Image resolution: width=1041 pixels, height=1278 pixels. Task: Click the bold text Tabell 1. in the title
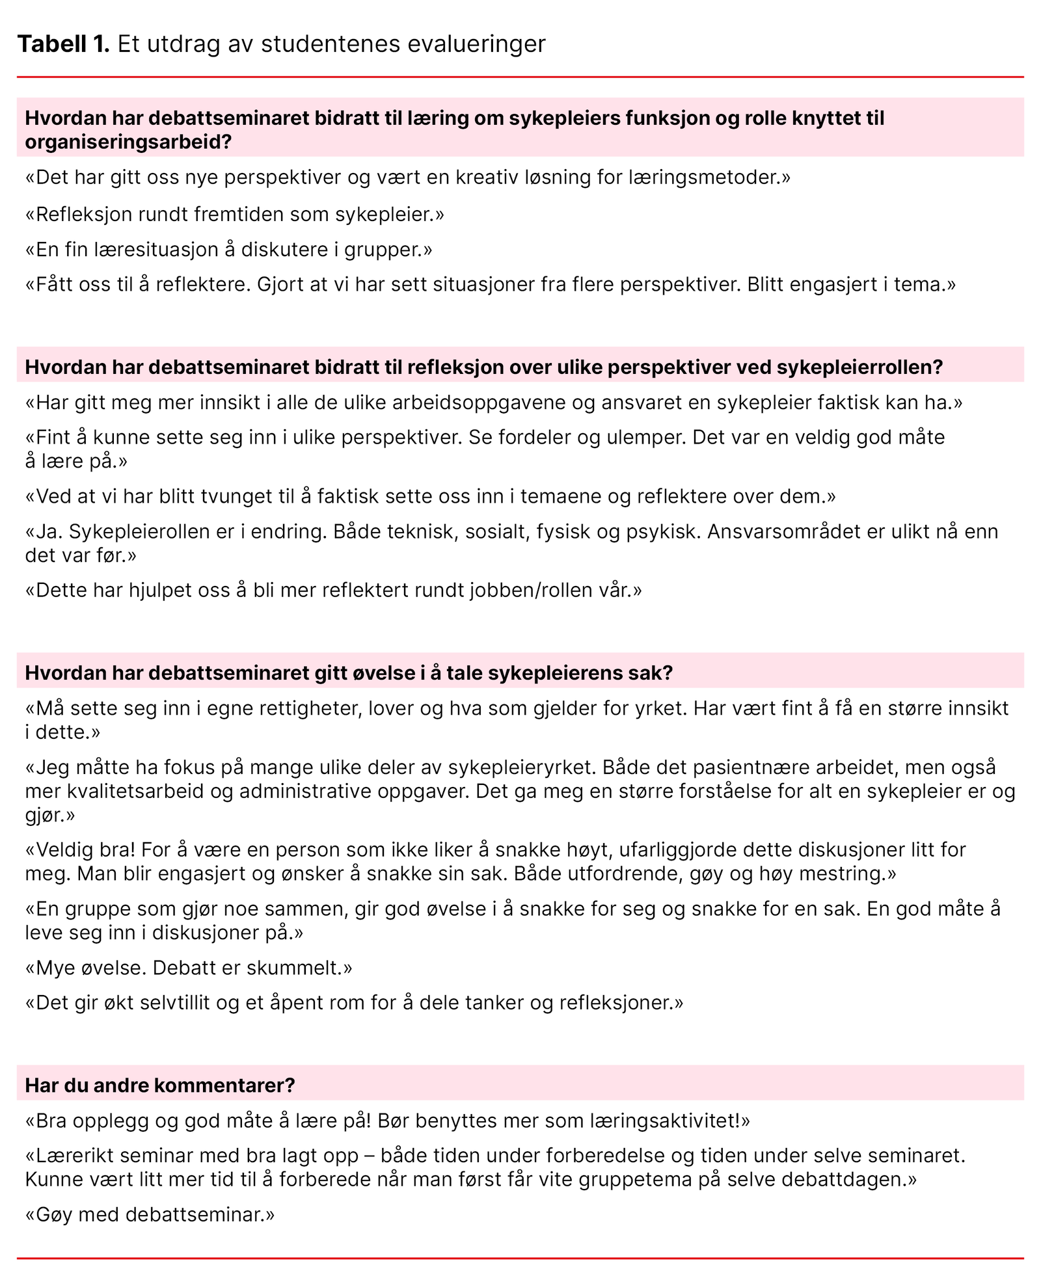click(x=63, y=44)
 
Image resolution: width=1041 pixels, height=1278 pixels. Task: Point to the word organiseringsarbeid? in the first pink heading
click(x=128, y=142)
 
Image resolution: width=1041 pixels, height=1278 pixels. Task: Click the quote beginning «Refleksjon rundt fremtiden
click(x=234, y=214)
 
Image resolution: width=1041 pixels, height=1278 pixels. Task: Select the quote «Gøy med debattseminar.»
click(x=150, y=1214)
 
